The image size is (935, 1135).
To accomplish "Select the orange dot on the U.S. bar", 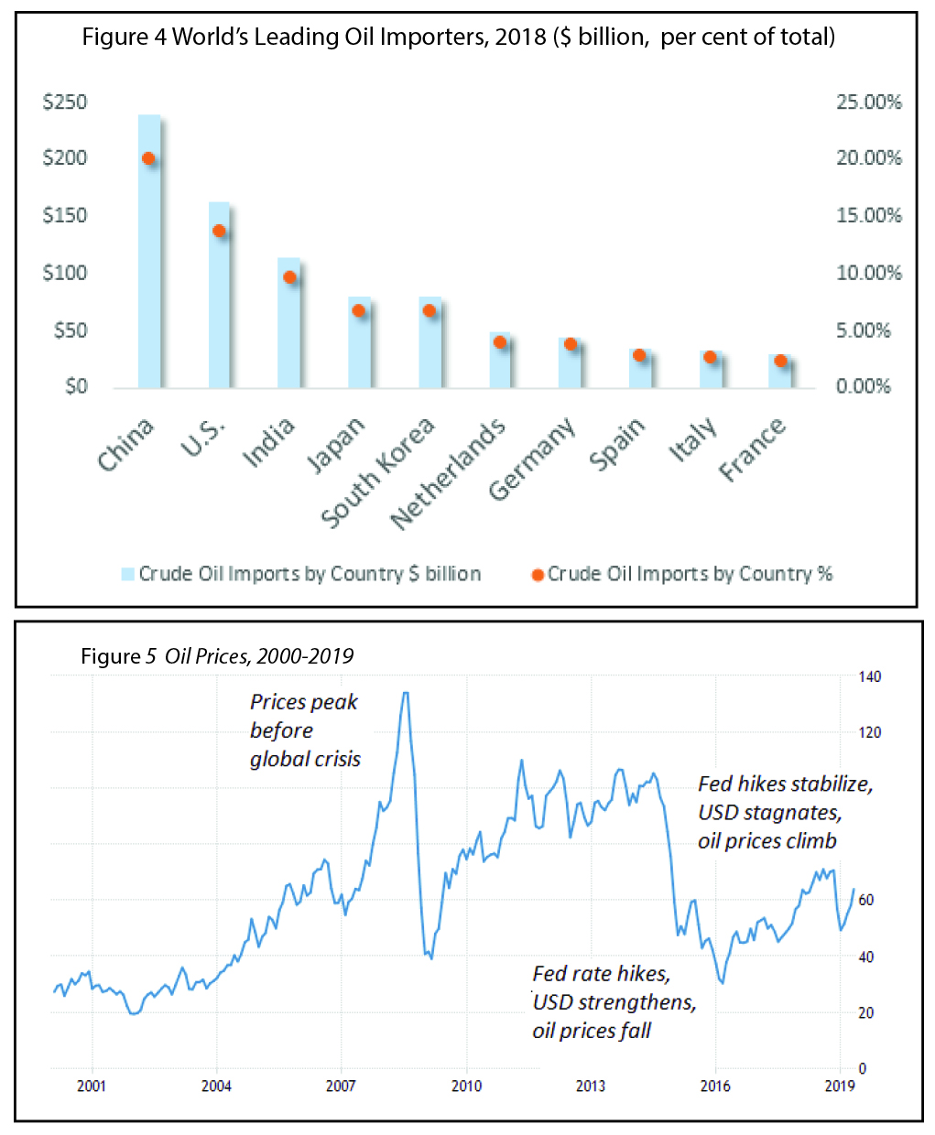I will coord(219,231).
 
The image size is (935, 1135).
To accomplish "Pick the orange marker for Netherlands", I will coord(500,342).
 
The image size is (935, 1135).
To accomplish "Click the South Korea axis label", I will coord(378,472).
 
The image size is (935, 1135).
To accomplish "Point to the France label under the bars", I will coord(752,449).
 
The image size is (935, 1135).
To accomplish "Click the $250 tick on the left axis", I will coord(65,102).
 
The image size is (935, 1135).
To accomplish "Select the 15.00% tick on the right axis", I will coord(868,215).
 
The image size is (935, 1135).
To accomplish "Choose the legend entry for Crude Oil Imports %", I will coord(682,574).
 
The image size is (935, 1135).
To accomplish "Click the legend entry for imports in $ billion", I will coord(301,574).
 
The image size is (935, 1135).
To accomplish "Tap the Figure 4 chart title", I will coord(458,37).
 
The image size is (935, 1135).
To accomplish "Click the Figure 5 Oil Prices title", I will coord(217,655).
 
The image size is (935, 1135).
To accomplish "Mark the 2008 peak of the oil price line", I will coord(405,693).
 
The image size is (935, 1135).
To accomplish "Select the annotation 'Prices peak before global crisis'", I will coord(305,730).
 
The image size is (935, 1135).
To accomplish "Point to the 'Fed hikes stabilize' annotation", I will coord(785,811).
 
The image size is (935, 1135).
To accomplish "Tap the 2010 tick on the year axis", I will coord(466,1086).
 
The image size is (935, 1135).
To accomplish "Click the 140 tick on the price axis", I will coord(870,676).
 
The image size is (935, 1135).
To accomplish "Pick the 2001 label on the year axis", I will coord(92,1086).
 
